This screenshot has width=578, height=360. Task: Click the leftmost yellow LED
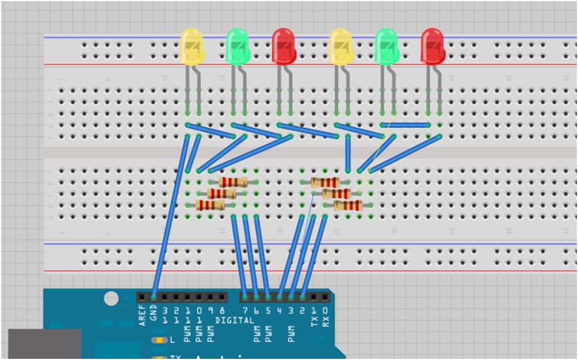192,46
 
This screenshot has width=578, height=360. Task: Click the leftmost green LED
238,46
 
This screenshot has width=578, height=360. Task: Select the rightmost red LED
432,46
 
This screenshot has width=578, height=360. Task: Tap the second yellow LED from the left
340,46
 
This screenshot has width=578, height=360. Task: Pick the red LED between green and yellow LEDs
284,46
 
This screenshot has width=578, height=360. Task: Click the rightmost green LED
386,46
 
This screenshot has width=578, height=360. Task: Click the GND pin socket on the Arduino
154,297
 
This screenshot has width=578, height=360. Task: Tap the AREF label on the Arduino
142,316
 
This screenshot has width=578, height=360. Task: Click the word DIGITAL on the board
234,320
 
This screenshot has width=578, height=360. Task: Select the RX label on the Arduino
326,319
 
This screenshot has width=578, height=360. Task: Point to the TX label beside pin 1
314,319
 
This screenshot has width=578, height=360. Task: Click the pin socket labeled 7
246,297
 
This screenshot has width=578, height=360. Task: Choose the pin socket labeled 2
303,297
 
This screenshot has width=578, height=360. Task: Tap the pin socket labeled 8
222,297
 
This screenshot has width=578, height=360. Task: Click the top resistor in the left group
233,182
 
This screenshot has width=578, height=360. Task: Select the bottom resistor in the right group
348,205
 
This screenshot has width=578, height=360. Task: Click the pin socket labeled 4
280,297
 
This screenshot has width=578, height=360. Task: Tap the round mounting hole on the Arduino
111,298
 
